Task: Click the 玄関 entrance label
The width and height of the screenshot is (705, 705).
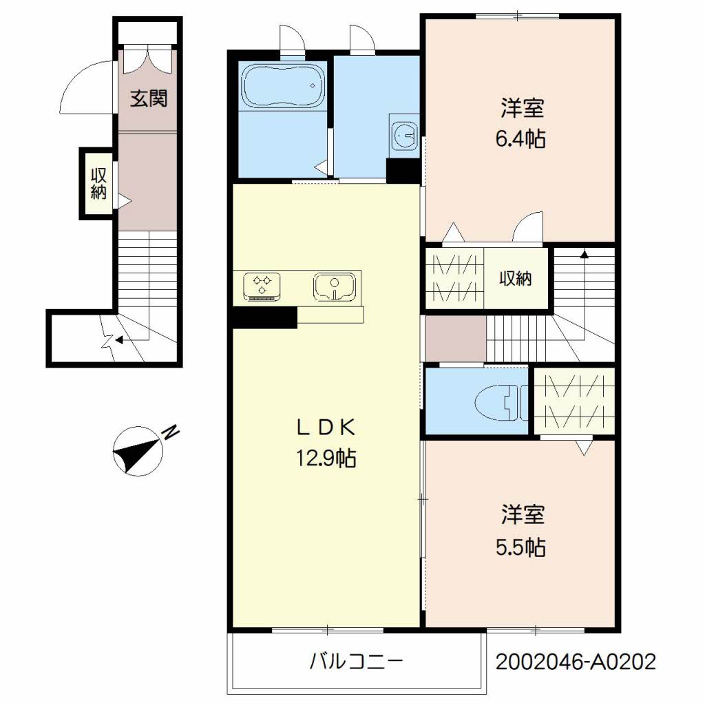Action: tap(149, 98)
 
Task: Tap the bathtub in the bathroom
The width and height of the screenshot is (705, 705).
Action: tap(283, 86)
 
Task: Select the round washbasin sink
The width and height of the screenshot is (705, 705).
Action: tap(404, 134)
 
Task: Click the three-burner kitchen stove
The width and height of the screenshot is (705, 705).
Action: tap(262, 286)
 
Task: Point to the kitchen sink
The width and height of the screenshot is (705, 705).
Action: tap(335, 286)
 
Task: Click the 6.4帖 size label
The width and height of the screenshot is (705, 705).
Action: tap(520, 139)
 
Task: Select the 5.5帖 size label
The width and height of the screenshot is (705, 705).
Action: tap(520, 547)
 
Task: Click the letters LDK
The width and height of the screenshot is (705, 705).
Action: tap(326, 428)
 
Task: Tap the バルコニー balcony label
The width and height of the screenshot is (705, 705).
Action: tap(356, 662)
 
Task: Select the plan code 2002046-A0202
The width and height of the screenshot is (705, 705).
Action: tap(576, 662)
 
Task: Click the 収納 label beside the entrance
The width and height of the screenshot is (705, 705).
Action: tap(98, 183)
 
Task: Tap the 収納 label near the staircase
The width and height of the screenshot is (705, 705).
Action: tap(516, 278)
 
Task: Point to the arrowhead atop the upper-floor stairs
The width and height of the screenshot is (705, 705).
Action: tap(584, 255)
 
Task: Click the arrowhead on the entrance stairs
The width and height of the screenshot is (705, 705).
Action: tap(118, 340)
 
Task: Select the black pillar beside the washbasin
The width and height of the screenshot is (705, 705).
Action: tap(403, 171)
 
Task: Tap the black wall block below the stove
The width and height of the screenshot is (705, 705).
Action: tap(265, 317)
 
